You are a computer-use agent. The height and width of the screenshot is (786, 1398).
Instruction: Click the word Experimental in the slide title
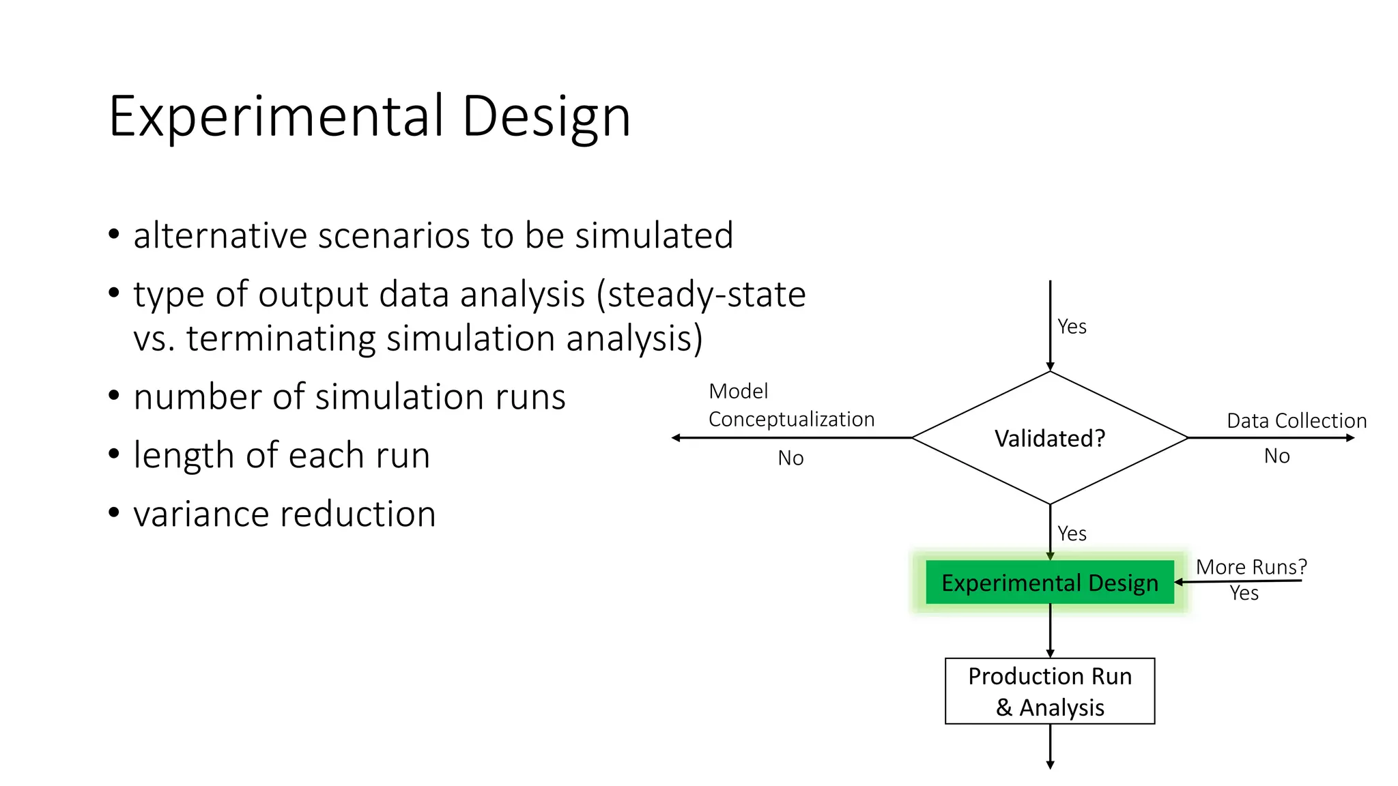tap(276, 117)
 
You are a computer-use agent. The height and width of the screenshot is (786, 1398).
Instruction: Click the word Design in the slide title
tap(545, 117)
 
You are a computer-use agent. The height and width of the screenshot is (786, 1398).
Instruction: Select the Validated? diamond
tap(1049, 438)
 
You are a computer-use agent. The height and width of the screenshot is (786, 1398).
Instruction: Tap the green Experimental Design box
tap(1049, 583)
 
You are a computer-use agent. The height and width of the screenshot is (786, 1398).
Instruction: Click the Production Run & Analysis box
tap(1049, 691)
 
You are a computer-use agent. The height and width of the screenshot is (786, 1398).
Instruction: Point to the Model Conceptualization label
tap(790, 405)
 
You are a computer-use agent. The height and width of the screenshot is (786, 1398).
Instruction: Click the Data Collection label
tap(1296, 421)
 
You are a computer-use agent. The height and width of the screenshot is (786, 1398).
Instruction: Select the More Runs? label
tap(1251, 567)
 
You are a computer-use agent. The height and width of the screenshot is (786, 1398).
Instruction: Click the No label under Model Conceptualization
tap(790, 458)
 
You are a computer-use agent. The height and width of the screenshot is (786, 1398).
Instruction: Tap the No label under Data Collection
tap(1276, 456)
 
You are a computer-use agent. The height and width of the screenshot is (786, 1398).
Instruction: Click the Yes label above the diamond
tap(1072, 327)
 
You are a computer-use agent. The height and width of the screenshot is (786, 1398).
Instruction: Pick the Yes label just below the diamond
tap(1072, 534)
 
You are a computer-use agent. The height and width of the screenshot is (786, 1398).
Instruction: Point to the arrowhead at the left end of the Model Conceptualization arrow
tap(676, 438)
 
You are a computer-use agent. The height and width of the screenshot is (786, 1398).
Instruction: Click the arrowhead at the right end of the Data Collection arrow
tap(1350, 438)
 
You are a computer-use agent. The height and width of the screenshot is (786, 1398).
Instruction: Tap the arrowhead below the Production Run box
tap(1050, 765)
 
